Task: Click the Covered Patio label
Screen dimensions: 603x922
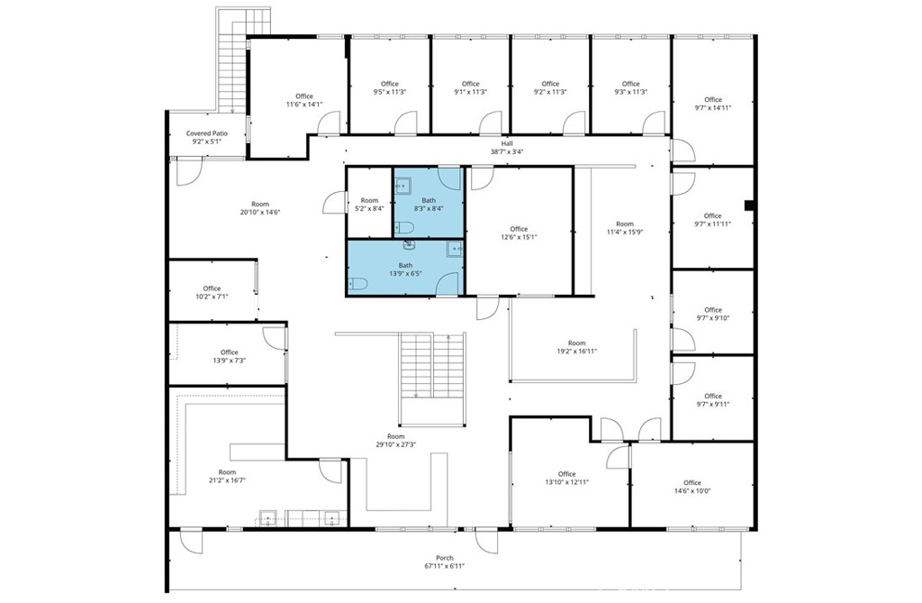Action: coord(207,137)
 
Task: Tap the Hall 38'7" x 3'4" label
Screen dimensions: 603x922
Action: coord(506,148)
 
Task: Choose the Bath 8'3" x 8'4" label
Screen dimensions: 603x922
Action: coord(429,204)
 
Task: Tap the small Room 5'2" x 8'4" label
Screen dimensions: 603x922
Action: coord(369,204)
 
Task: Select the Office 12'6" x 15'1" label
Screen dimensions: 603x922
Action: coord(519,233)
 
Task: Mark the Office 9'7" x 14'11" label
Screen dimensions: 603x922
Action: coord(713,104)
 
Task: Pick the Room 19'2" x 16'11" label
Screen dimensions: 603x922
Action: coord(576,347)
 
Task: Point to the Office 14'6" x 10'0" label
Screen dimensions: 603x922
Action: coord(691,487)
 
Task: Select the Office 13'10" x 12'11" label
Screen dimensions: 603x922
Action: coord(566,479)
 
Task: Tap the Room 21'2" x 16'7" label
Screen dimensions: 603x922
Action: coord(227,476)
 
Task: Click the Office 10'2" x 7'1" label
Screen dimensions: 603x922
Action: coord(212,292)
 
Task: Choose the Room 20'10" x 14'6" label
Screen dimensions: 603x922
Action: coord(261,208)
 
